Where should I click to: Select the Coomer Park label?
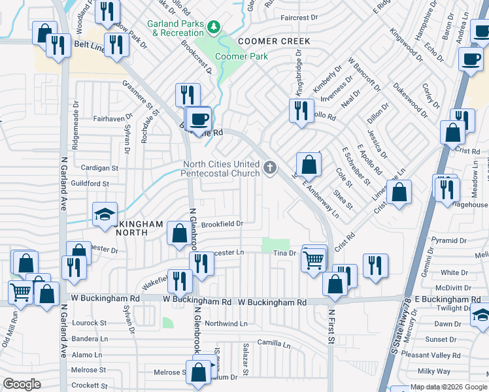[241, 57]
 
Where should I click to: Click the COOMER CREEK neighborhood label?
[274, 41]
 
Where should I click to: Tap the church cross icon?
[269, 169]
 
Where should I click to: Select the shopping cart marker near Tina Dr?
[314, 259]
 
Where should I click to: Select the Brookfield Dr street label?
[222, 223]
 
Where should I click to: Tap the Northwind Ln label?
[226, 323]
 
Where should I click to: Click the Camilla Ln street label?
[273, 343]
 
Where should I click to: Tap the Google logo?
[22, 384]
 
